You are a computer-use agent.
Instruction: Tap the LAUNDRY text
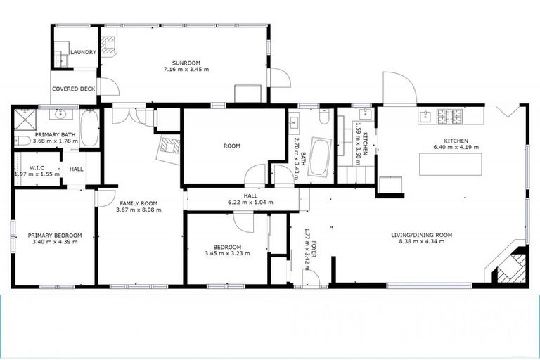pos(82,52)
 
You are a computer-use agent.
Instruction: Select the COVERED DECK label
pos(73,89)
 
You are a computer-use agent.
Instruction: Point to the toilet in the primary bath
pos(23,141)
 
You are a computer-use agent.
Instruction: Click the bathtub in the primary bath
pos(89,129)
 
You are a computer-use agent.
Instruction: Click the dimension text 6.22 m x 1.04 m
pos(250,202)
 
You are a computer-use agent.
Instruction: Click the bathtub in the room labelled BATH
pos(321,156)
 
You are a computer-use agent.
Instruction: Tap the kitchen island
pos(450,164)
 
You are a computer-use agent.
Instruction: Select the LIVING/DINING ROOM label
pos(422,235)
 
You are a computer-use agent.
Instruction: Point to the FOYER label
pos(315,246)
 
